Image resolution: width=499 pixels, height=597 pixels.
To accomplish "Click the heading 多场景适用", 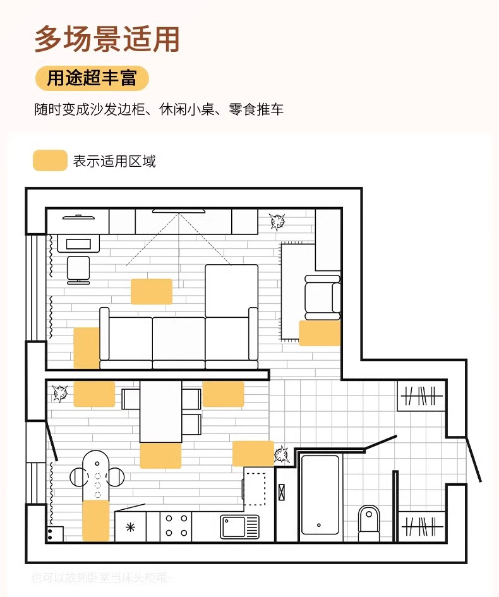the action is coord(107,39).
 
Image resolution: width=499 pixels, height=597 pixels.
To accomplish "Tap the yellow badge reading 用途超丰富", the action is coord(92,78).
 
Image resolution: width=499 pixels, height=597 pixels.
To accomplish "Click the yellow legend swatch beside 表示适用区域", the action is coord(50,160).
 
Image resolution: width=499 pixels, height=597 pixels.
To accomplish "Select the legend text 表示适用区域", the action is coord(114,161).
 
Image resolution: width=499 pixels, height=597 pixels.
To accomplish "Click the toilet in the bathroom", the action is coord(369,523).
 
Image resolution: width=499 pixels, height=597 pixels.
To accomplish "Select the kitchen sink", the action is coord(239,526).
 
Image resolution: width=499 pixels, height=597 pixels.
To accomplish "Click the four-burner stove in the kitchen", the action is coord(176,526).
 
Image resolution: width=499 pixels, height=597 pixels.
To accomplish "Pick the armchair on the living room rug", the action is coord(322,296).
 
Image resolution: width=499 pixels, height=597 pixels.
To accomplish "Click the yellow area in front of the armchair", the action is coord(320,333).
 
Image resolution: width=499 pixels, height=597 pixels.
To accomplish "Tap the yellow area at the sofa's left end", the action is coord(87,347).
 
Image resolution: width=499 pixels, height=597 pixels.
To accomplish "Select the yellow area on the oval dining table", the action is coord(96,519).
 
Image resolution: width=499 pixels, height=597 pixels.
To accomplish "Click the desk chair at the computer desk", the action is coord(79,270).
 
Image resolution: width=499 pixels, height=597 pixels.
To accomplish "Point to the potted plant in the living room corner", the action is coord(277,221).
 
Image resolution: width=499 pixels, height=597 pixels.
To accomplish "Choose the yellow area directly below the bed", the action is coord(160,455).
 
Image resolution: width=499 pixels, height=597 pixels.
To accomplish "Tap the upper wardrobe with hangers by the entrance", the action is coord(422,396).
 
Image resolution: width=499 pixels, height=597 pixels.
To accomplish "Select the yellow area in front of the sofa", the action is coord(152,291).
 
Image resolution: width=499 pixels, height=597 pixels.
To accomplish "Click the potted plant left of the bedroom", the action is coord(61,393).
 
